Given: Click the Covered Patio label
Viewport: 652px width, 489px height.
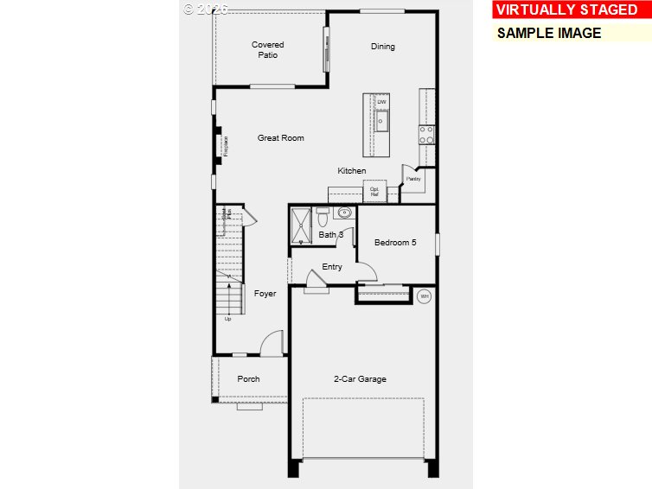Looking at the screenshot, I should coord(267,50).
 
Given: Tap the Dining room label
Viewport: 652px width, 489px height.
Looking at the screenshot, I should coord(382,47).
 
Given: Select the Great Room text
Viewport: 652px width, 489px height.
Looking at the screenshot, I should coord(280,138).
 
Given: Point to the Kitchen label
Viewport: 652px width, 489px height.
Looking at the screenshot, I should coord(352,171).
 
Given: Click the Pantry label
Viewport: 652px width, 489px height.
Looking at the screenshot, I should coord(413,180).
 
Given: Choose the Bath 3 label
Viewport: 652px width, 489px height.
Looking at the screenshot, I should coord(331,235).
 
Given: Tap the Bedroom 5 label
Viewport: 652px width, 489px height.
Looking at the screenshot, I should coord(395,243).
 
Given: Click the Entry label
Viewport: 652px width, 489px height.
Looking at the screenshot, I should coord(332,267).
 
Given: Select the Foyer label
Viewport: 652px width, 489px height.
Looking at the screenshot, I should coord(265,294).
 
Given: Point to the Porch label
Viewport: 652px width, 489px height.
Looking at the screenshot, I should coord(249,379).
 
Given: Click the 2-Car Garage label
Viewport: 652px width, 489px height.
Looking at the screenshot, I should coord(360,379).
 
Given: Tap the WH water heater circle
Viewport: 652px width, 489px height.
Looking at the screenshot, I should coord(424,296).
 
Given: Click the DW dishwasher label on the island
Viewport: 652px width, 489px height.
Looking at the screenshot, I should coord(381,103).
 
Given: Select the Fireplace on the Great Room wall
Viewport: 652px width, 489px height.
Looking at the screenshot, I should coord(223,145).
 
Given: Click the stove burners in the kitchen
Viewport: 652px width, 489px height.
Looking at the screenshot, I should coord(426,134).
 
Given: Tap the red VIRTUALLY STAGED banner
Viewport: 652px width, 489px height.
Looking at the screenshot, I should coord(566,10).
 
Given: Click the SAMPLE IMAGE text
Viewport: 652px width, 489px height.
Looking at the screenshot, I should coord(548,33).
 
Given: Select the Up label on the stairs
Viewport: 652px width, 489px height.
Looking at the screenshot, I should coord(228,319).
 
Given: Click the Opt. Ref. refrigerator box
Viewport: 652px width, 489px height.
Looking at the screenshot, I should coord(374,192).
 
